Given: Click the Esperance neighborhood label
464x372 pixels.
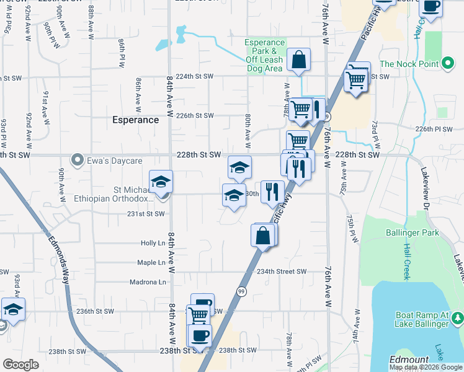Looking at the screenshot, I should (135, 120).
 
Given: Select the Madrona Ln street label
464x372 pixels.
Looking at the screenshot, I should (148, 282).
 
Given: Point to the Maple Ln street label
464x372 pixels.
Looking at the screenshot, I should (151, 263).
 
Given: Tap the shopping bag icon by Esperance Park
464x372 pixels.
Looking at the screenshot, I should (298, 61).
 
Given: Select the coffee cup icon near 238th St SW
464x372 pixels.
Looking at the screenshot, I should (199, 335).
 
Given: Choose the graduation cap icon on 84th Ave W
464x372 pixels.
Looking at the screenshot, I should (161, 182).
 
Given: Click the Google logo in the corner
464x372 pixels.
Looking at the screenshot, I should (21, 365).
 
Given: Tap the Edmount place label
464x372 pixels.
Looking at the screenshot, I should (409, 360).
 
